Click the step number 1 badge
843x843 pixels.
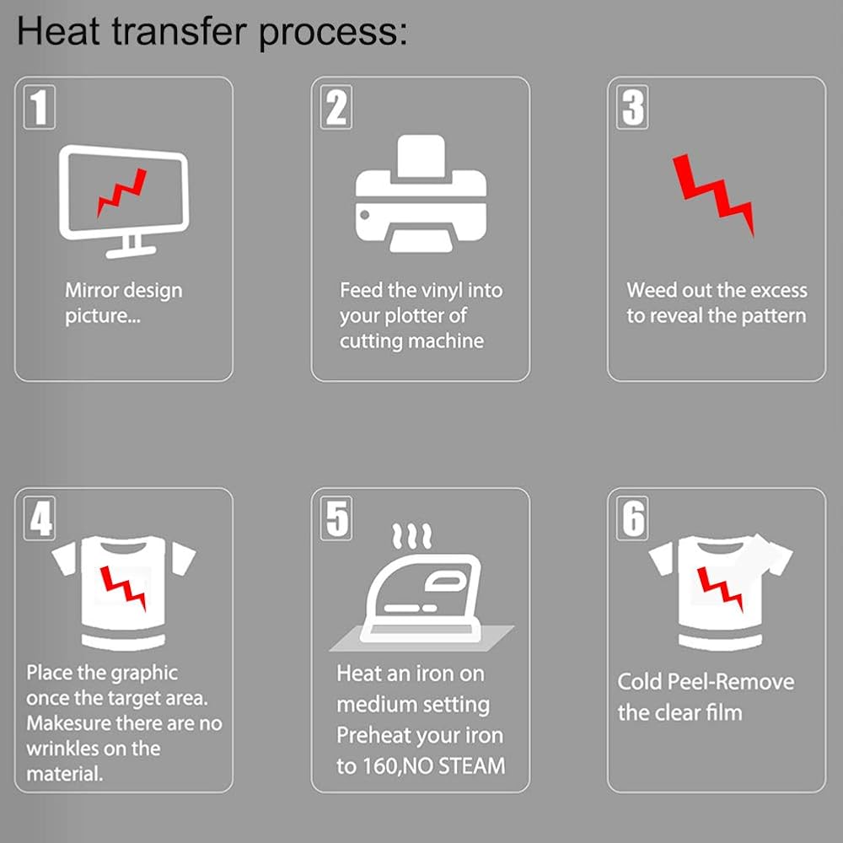click(40, 107)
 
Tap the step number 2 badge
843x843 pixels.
click(336, 107)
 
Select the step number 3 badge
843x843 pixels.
click(632, 107)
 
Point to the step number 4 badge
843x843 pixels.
click(40, 518)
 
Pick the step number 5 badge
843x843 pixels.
click(336, 518)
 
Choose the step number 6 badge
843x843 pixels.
click(632, 518)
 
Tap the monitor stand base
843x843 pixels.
click(131, 251)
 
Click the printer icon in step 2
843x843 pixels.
click(421, 194)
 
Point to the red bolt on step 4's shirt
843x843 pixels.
click(123, 588)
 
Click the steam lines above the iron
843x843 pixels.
click(412, 536)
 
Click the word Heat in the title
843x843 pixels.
click(59, 32)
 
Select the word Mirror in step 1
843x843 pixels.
click(91, 290)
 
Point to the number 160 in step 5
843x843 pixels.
click(381, 766)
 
